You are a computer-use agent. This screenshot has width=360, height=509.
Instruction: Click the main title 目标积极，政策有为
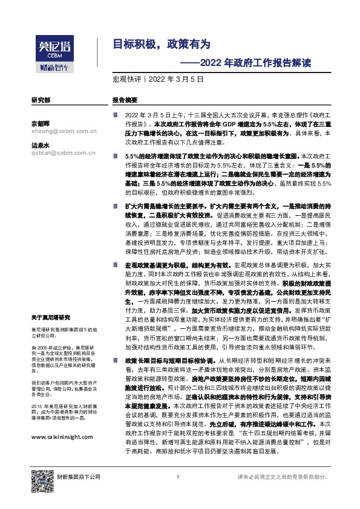coord(163,44)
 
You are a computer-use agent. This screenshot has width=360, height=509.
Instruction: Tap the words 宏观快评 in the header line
coord(126,79)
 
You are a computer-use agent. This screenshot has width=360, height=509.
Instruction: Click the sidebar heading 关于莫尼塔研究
coord(51,317)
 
